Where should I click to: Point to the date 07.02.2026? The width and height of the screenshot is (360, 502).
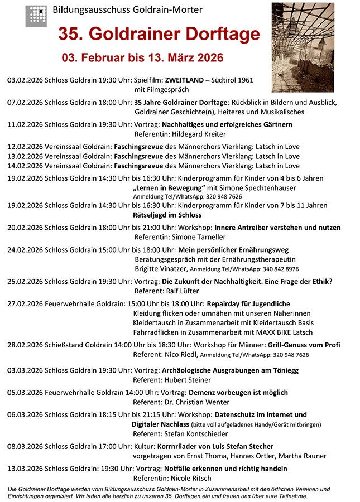24,103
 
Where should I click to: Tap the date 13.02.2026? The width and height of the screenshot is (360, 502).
24,156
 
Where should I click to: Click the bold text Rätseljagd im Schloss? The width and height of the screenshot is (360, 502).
167,215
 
